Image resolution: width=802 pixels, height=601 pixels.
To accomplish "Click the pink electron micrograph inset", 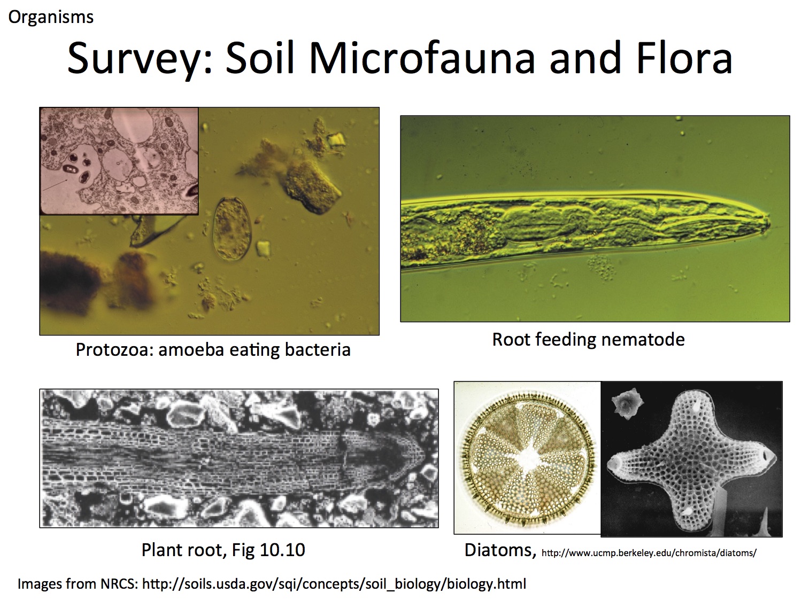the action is pyautogui.click(x=119, y=161).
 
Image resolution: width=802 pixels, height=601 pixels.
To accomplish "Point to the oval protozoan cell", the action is pyautogui.click(x=232, y=229).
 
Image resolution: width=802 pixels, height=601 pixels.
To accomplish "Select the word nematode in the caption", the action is pyautogui.click(x=643, y=339).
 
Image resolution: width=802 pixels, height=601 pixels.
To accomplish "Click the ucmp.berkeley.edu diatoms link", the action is pyautogui.click(x=649, y=553).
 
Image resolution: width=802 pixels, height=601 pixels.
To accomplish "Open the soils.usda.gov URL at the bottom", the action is pyautogui.click(x=334, y=583).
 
